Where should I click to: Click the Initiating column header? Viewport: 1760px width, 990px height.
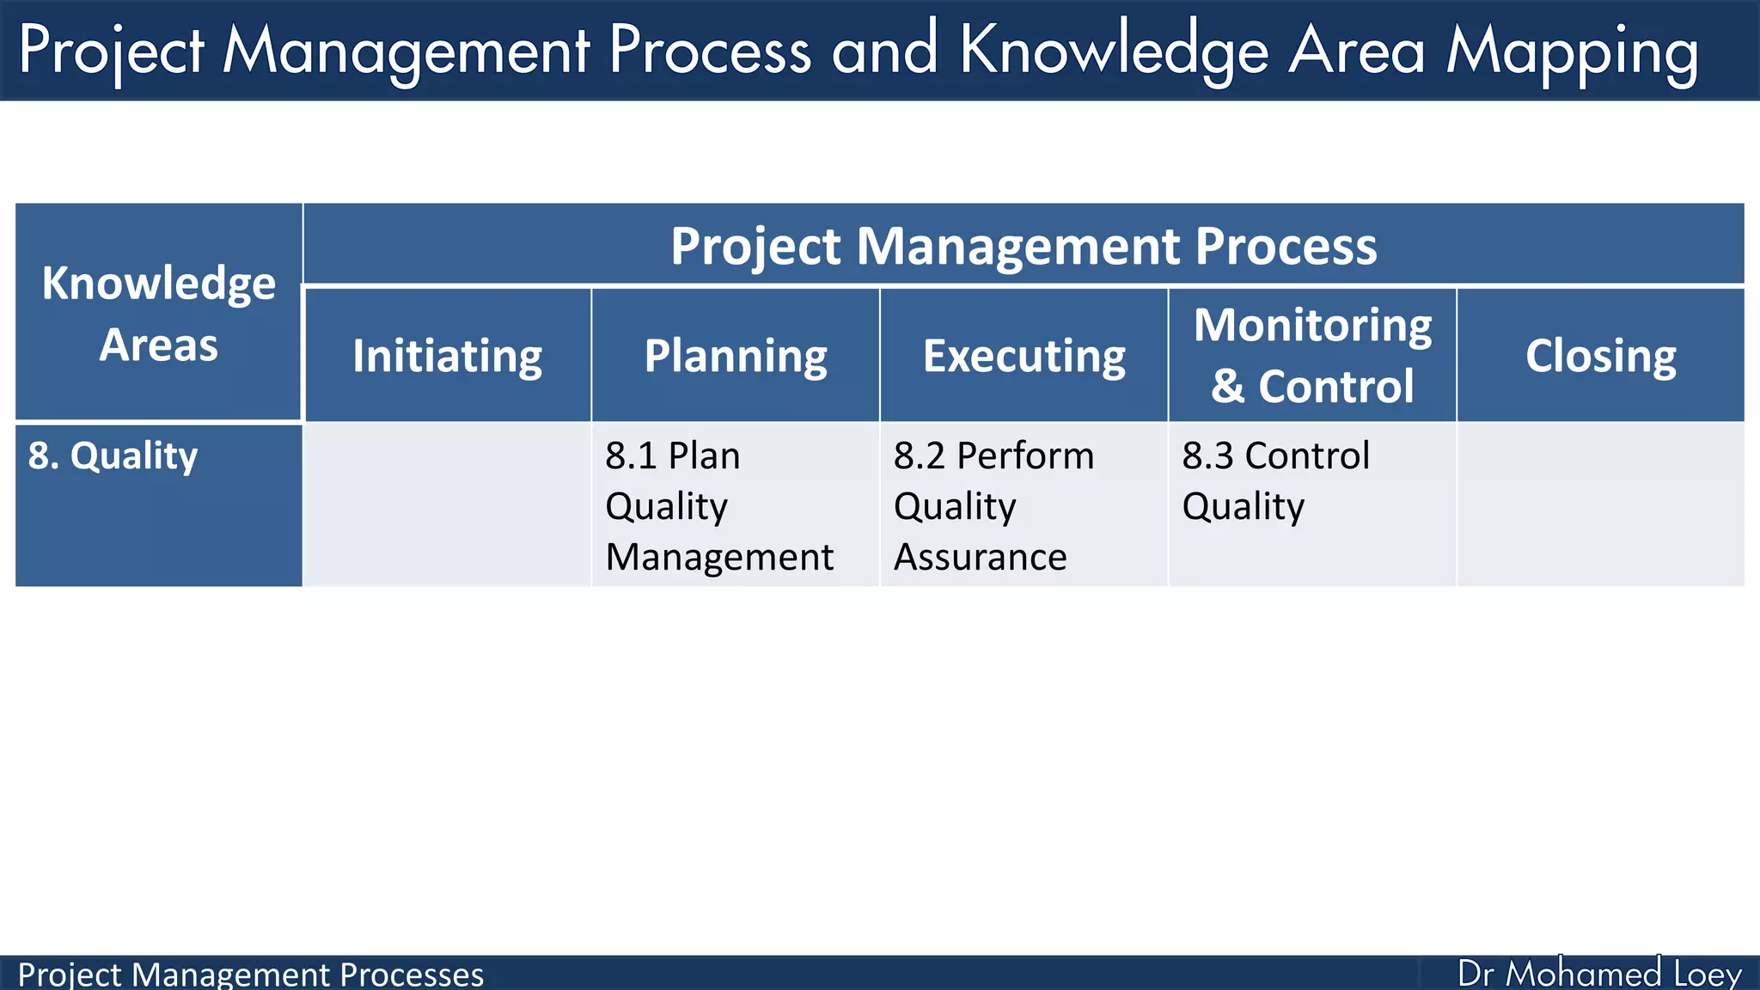tap(447, 356)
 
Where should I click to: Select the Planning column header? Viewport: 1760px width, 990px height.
tap(736, 356)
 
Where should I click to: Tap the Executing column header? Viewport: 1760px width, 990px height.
tap(1024, 356)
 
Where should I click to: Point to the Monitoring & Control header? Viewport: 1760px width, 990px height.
tap(1312, 355)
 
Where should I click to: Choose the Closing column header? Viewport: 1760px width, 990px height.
tap(1600, 356)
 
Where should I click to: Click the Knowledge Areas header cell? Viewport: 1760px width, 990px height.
tap(159, 313)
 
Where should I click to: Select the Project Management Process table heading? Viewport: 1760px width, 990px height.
tap(1023, 246)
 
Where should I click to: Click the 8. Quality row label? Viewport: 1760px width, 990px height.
tap(113, 455)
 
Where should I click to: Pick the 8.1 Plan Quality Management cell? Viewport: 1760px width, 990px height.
tap(718, 505)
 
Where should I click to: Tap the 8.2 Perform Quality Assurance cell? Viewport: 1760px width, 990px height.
tap(993, 505)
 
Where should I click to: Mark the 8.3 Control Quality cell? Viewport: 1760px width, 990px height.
tap(1275, 480)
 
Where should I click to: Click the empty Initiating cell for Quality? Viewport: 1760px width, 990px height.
tap(447, 505)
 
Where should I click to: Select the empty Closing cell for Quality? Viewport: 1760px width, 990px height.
tap(1600, 505)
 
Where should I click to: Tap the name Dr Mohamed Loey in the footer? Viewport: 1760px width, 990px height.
tap(1598, 974)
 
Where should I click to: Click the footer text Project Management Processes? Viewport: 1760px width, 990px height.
tap(250, 975)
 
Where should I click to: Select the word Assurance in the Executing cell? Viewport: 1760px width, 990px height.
tap(980, 557)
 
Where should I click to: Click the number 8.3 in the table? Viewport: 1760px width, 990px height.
tap(1208, 455)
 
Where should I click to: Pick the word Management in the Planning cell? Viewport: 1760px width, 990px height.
tap(718, 557)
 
